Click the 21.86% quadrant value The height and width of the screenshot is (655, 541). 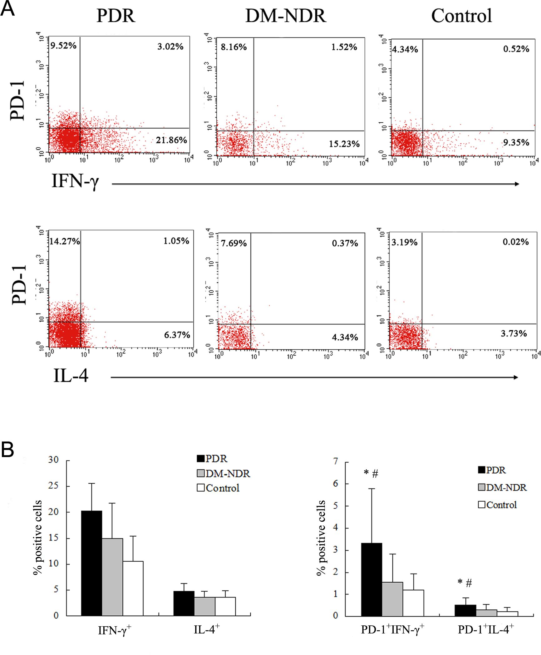click(171, 140)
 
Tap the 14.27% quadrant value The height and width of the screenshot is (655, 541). click(65, 241)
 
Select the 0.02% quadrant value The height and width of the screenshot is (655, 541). click(515, 242)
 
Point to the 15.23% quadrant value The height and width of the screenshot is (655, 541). click(344, 144)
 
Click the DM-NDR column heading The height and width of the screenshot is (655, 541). click(286, 16)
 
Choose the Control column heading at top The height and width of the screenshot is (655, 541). click(461, 16)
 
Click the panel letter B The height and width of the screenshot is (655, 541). click(7, 450)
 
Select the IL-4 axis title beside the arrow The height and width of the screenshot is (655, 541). click(71, 376)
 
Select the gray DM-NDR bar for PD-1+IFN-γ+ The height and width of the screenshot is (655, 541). click(392, 599)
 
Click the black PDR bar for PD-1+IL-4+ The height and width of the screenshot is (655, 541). click(465, 610)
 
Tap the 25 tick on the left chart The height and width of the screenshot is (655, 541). click(53, 486)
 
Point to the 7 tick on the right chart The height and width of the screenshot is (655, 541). click(336, 461)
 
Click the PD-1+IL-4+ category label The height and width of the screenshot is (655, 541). click(486, 630)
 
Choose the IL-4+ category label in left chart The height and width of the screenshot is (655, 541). click(207, 630)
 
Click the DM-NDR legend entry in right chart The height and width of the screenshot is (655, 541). click(502, 488)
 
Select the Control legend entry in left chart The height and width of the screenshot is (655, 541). click(218, 488)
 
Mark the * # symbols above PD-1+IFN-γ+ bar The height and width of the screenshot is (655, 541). click(371, 474)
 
